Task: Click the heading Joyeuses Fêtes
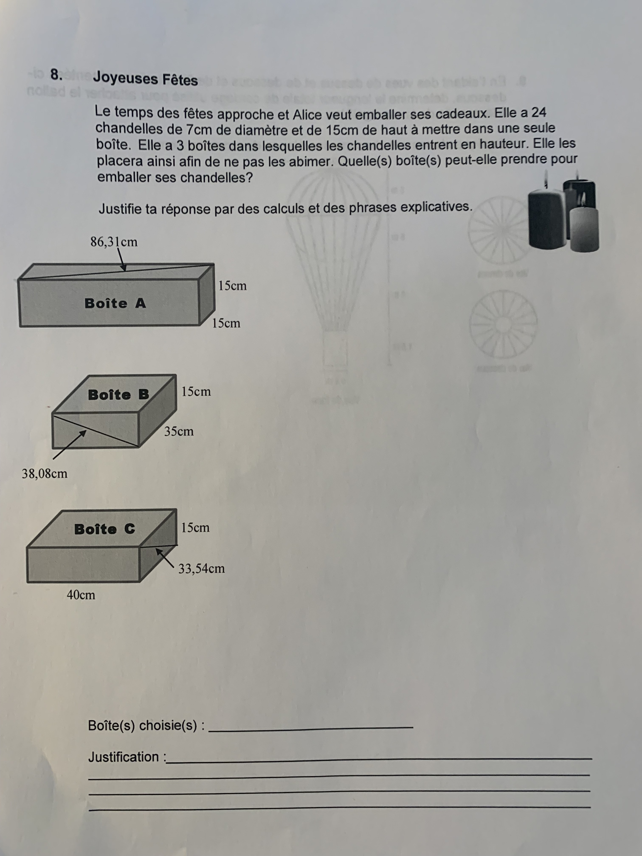[x=145, y=79]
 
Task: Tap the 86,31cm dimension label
[x=114, y=242]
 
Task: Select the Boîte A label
[x=115, y=303]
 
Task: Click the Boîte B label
[x=118, y=395]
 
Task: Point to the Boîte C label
[x=104, y=529]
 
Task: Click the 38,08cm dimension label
[x=44, y=473]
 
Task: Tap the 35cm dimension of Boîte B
[x=179, y=431]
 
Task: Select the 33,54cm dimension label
[x=201, y=568]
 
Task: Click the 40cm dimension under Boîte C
[x=81, y=595]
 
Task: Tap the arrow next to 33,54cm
[x=164, y=558]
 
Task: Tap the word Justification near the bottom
[x=123, y=757]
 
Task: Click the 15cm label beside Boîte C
[x=195, y=527]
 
